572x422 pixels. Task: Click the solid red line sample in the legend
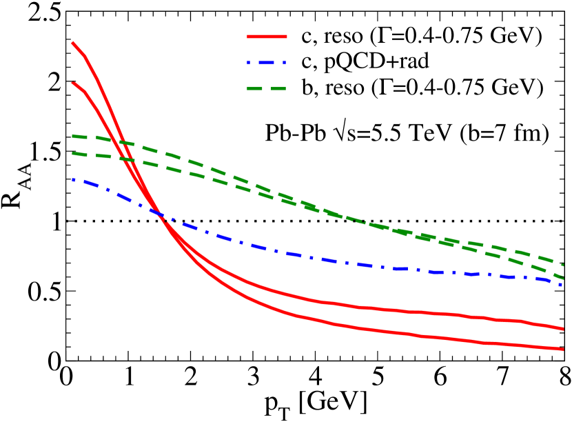pos(267,36)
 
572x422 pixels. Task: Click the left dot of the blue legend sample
pos(249,62)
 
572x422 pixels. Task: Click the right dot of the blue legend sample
pos(284,62)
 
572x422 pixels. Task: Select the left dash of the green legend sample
pos(255,88)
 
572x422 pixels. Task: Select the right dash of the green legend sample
pos(278,88)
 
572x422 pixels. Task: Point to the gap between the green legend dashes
pos(267,88)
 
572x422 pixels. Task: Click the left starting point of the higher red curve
pos(72,43)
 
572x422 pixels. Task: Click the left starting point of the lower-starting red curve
pos(72,82)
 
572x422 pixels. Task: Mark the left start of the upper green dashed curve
pos(73,136)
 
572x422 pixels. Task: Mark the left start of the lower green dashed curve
pos(73,153)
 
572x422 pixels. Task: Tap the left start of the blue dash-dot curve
pos(73,179)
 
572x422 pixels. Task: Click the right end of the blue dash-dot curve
pos(562,284)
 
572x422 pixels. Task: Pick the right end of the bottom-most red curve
pos(563,349)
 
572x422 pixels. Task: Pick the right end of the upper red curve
pos(563,329)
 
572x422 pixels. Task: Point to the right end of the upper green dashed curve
pos(564,265)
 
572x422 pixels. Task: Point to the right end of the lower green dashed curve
pos(563,277)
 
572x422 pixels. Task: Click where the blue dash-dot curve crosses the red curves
pos(161,215)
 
